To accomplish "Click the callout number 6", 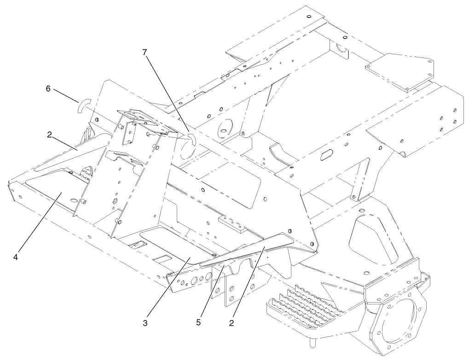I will (48, 88).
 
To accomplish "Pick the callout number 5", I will (198, 322).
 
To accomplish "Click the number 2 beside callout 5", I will (232, 322).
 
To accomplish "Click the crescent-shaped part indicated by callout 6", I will (82, 106).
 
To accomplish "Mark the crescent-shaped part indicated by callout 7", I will (192, 140).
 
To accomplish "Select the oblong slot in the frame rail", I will (329, 154).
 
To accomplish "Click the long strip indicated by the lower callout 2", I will (258, 248).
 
